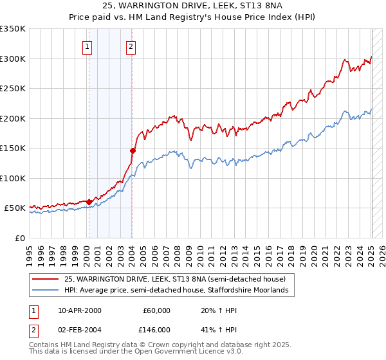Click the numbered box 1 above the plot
87,46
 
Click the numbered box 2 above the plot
131,46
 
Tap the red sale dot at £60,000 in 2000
89,202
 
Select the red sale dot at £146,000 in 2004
132,150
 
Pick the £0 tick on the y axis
21,238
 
